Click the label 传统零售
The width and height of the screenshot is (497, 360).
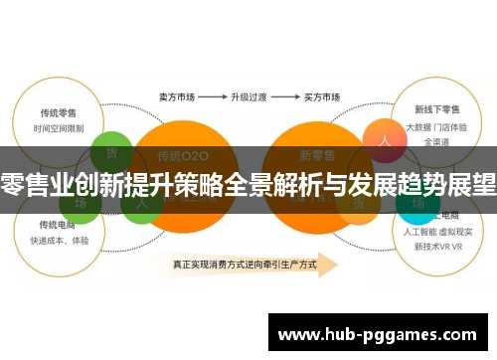coord(58,112)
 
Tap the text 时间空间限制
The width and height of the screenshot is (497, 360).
coord(58,128)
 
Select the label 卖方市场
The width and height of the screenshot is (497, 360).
coord(175,97)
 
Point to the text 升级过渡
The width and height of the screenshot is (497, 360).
coord(249,97)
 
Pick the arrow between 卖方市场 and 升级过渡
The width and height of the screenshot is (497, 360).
coord(211,97)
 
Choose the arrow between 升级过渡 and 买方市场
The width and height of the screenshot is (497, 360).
coord(286,97)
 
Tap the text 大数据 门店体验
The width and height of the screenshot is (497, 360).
coord(434,128)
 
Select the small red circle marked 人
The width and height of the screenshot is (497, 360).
coord(381,139)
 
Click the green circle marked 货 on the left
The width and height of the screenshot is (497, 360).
coord(111,151)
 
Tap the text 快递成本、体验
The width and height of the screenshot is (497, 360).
coord(59,241)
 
